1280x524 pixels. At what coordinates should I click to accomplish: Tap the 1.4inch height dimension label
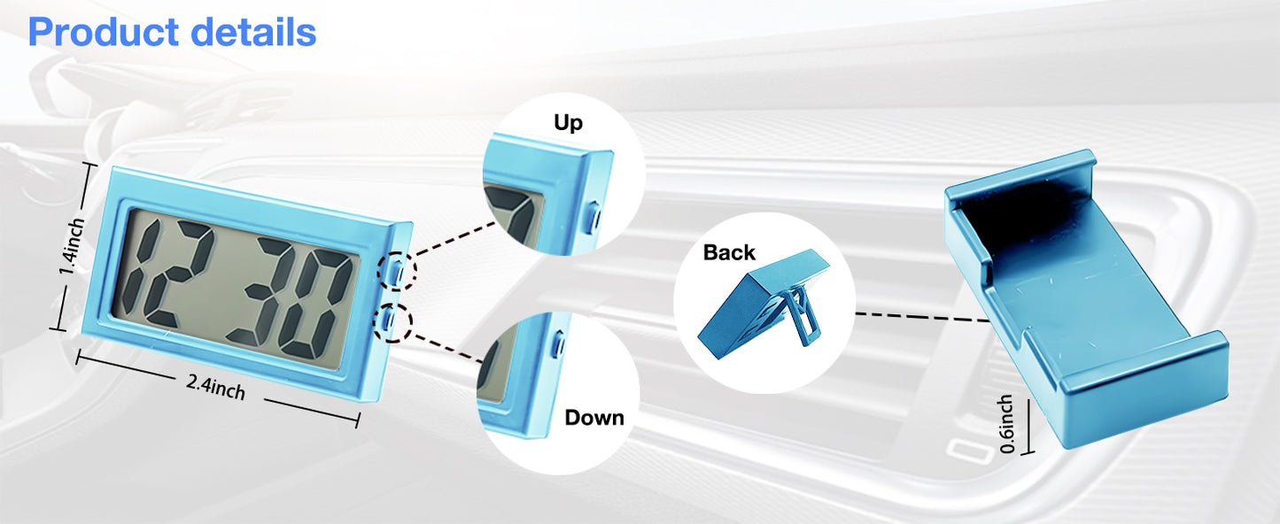[x=73, y=246]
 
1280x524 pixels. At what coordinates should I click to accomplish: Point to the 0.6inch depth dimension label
[x=1007, y=424]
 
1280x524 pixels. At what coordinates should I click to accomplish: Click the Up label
[x=568, y=123]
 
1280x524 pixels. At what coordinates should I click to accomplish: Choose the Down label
[x=594, y=417]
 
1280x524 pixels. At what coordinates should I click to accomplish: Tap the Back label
[x=729, y=252]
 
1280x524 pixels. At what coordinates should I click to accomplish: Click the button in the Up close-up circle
[x=593, y=217]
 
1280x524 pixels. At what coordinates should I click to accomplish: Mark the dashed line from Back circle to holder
[x=923, y=317]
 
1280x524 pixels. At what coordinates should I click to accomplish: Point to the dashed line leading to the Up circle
[x=454, y=238]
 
